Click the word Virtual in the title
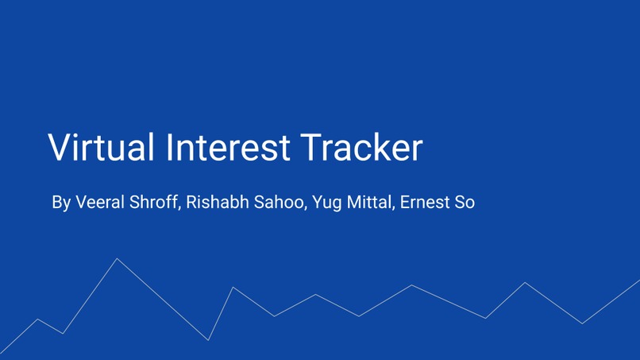pyautogui.click(x=101, y=148)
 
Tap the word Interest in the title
pyautogui.click(x=229, y=148)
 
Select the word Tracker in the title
pyautogui.click(x=362, y=148)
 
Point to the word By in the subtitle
pyautogui.click(x=61, y=203)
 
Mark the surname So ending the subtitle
pyautogui.click(x=465, y=202)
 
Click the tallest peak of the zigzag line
pyautogui.click(x=117, y=259)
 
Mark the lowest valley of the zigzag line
pyautogui.click(x=208, y=340)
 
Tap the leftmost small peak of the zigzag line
pyautogui.click(x=37, y=319)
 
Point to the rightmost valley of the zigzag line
pyautogui.click(x=582, y=323)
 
